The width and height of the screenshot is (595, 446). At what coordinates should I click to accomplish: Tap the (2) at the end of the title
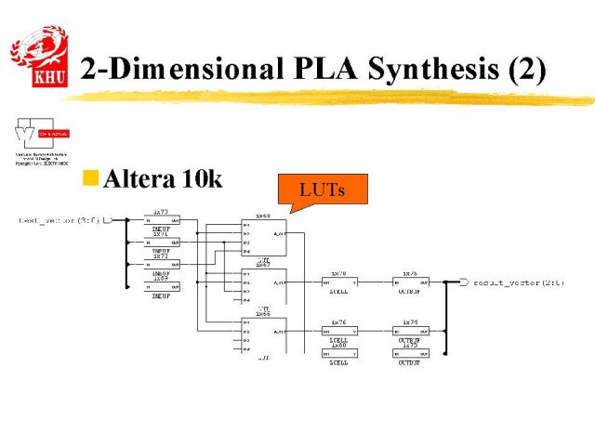[522, 70]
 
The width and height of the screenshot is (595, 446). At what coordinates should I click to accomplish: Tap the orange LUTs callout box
[323, 190]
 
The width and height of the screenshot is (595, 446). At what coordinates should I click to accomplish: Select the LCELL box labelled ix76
[339, 332]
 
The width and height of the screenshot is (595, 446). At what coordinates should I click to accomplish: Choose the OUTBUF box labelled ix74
[410, 332]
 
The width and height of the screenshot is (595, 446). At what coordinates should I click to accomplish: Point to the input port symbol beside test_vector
[107, 220]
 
